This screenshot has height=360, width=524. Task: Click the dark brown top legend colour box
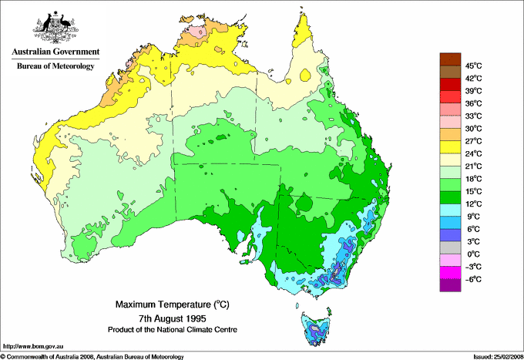pyautogui.click(x=448, y=59)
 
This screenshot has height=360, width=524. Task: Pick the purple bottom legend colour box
pyautogui.click(x=448, y=284)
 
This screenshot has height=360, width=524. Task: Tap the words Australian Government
pyautogui.click(x=55, y=52)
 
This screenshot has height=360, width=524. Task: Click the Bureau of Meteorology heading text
pyautogui.click(x=55, y=66)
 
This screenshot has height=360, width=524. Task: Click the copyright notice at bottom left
pyautogui.click(x=92, y=356)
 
